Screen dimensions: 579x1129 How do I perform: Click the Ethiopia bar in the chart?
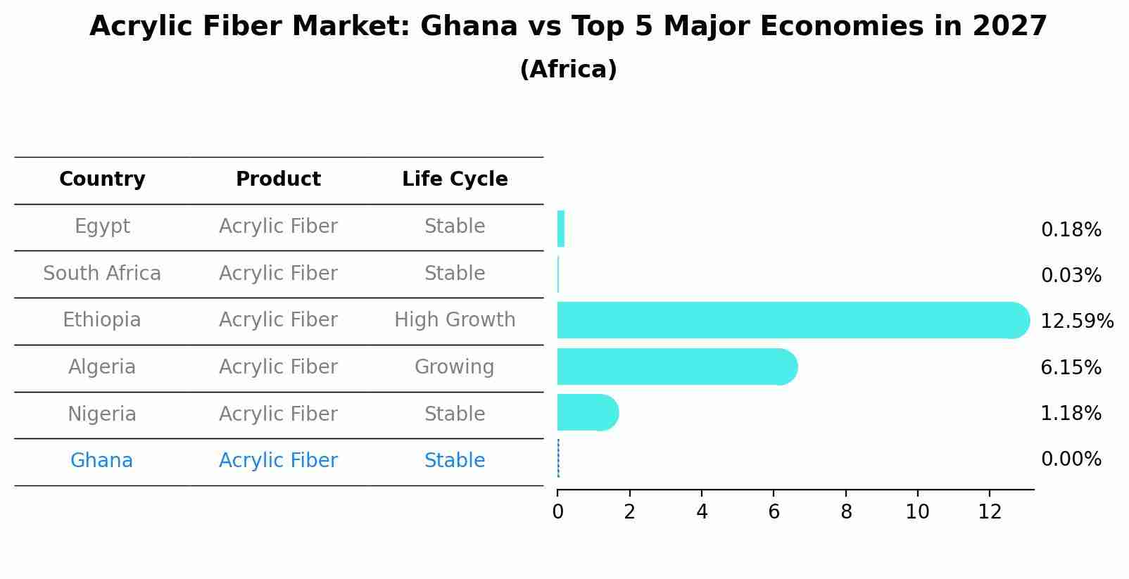click(788, 320)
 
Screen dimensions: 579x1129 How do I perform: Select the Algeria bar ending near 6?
click(676, 367)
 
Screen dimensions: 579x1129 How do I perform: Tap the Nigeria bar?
click(587, 412)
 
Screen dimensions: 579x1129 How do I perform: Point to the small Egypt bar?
click(561, 229)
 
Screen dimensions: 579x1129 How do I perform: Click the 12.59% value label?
click(1076, 322)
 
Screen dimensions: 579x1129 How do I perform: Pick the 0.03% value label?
click(1071, 276)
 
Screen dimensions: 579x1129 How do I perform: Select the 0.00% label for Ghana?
click(1071, 459)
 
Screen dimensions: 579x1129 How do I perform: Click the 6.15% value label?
click(1071, 367)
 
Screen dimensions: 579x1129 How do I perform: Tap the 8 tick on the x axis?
click(846, 512)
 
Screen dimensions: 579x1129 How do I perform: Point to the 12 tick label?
click(990, 512)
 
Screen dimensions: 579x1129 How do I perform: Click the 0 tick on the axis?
click(557, 512)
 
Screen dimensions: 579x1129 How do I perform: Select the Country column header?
click(102, 179)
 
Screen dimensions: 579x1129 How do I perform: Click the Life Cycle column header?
click(455, 179)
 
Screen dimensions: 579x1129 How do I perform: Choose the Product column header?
click(278, 179)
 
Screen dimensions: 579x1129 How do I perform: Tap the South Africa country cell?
click(102, 274)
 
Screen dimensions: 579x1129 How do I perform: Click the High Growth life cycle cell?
click(455, 320)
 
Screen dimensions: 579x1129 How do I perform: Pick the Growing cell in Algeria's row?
click(455, 367)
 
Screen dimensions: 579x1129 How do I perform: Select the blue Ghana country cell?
click(102, 461)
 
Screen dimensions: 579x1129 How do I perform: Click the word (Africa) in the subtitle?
click(568, 70)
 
